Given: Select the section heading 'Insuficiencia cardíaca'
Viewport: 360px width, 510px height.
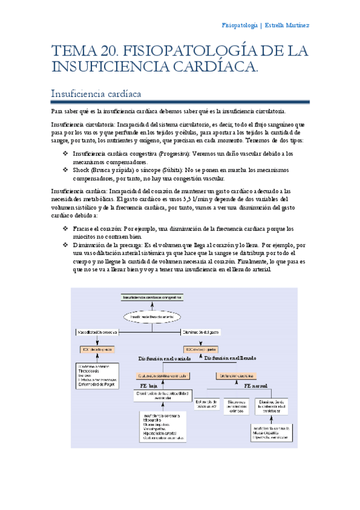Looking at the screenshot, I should point(97,94).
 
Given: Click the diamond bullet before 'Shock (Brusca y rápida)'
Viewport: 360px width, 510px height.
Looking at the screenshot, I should point(65,170).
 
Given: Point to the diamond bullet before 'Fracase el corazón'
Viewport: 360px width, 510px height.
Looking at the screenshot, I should point(65,229).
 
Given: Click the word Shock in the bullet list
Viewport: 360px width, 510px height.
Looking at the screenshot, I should point(81,170).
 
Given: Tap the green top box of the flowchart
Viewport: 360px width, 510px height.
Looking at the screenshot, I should point(151,298).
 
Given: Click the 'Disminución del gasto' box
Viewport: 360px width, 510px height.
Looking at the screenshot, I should point(203,331).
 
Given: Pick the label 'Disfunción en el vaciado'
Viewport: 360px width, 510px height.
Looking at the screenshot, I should point(165,359).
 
